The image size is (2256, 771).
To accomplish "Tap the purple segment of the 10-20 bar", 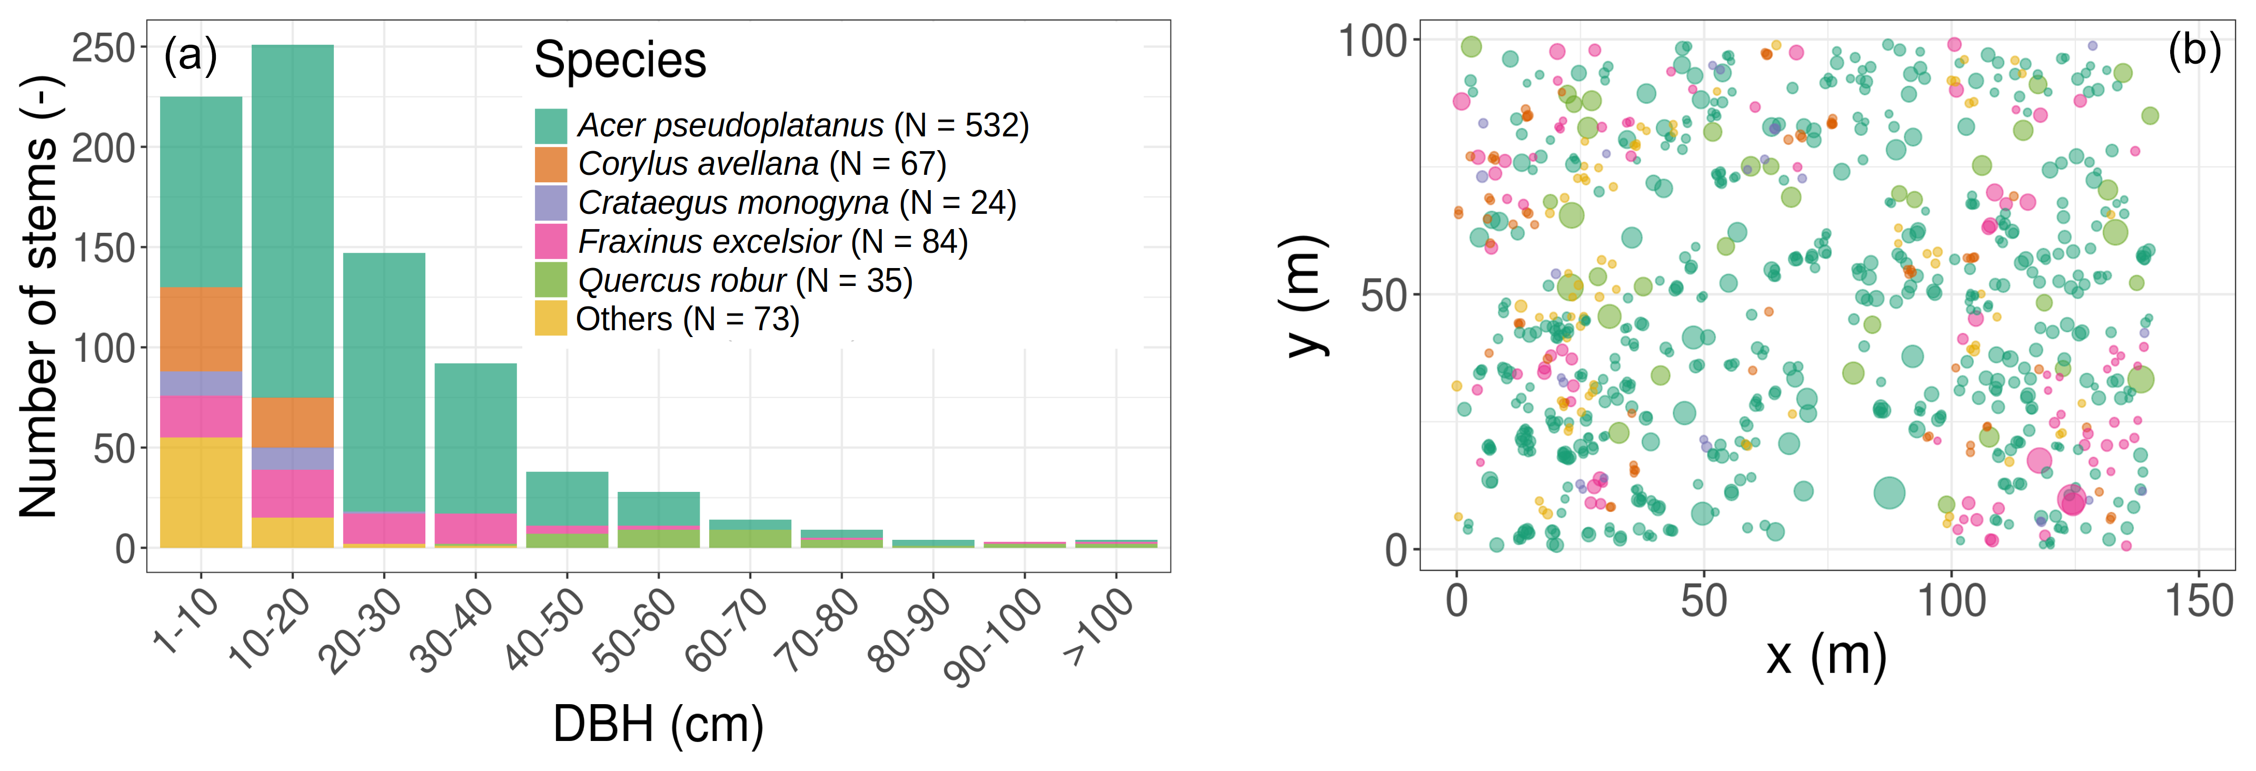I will coord(293,458).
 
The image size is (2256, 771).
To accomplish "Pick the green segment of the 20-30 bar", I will coord(384,382).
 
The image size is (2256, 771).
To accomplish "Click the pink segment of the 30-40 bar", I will coord(475,528).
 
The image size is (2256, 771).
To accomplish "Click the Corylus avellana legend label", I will coord(762,164).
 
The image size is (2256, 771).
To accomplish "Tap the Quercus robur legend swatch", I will coord(551,280).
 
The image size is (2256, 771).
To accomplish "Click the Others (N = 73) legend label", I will coord(688,319).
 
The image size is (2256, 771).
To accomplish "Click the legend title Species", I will coord(620,61).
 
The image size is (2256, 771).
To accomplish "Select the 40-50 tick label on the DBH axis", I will coord(545,628).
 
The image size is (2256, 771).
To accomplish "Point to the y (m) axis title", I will coord(1305,298).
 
